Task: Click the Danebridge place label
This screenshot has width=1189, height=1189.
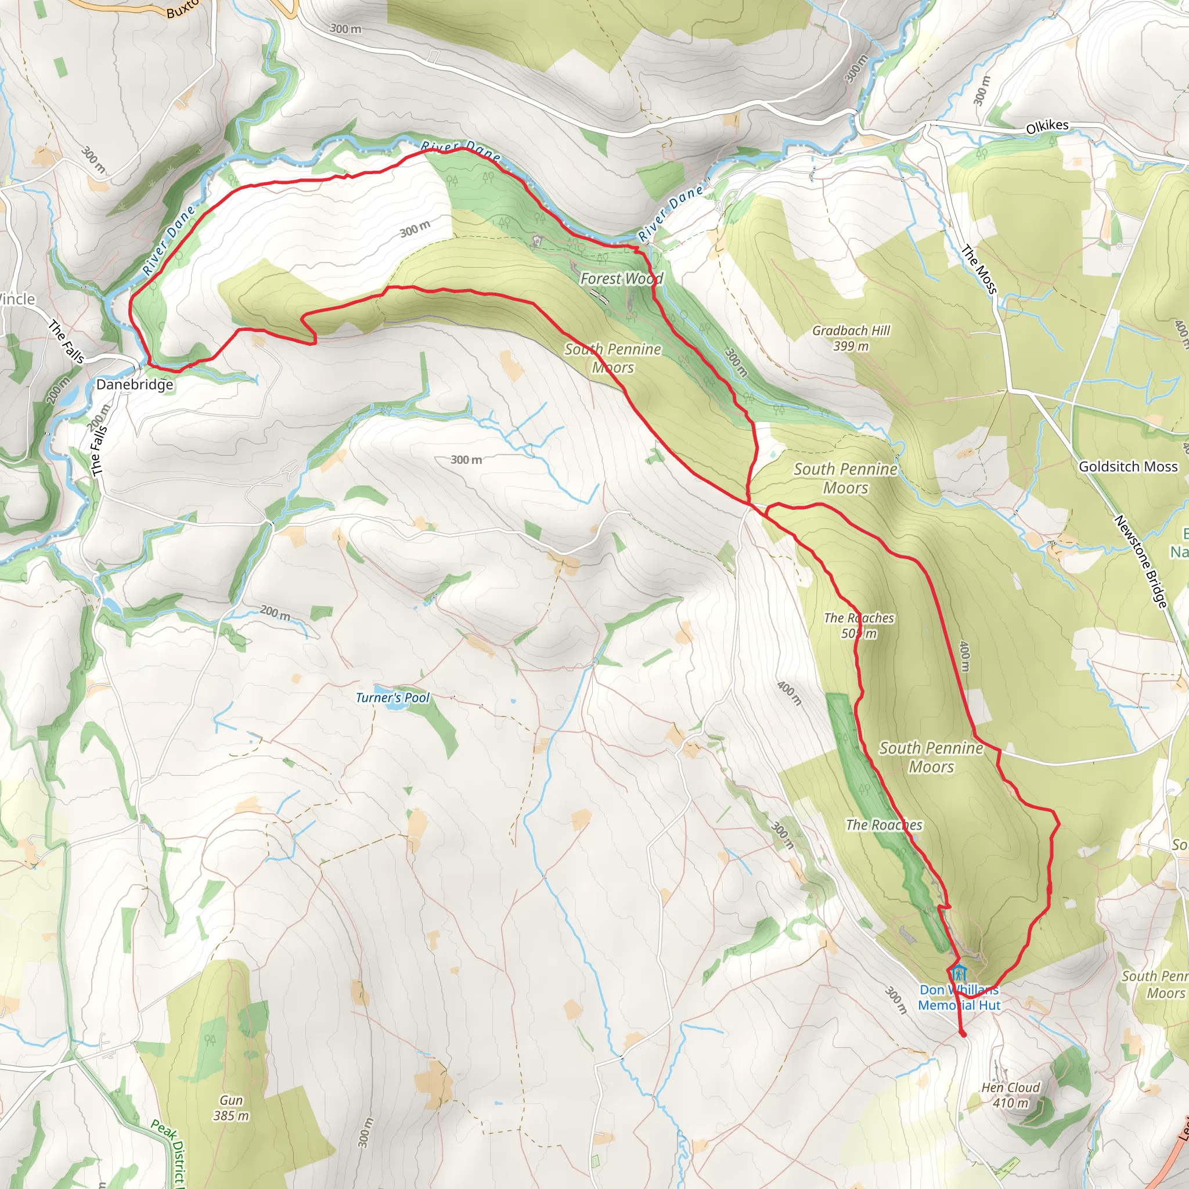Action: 135,385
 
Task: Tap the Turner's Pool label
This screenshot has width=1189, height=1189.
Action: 392,698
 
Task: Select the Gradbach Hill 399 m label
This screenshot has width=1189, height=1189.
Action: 851,338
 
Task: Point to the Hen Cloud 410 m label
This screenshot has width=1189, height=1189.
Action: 1011,1095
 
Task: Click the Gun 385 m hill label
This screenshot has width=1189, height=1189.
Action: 231,1108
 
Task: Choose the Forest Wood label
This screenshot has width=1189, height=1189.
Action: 622,279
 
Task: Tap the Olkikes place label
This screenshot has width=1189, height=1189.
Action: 1047,126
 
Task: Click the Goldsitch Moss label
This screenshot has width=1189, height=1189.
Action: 1128,467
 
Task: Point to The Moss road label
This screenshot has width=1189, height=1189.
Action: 979,269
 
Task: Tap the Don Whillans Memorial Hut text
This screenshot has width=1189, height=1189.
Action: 960,997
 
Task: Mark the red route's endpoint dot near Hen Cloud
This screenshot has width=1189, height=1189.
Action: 963,1035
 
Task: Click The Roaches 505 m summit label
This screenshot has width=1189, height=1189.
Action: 859,625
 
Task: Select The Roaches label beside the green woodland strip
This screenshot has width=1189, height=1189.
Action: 884,824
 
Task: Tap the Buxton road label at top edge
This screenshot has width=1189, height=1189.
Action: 182,9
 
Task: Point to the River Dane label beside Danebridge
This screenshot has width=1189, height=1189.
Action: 168,240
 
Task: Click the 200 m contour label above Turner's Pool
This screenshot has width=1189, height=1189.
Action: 275,612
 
